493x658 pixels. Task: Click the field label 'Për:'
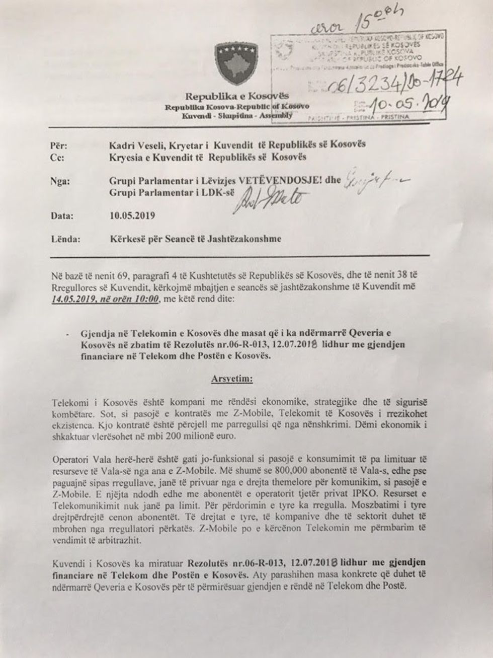[59, 145]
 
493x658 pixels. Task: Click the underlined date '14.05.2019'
[73, 300]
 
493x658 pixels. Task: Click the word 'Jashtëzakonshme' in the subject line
[243, 240]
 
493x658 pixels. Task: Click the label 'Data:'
[62, 215]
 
